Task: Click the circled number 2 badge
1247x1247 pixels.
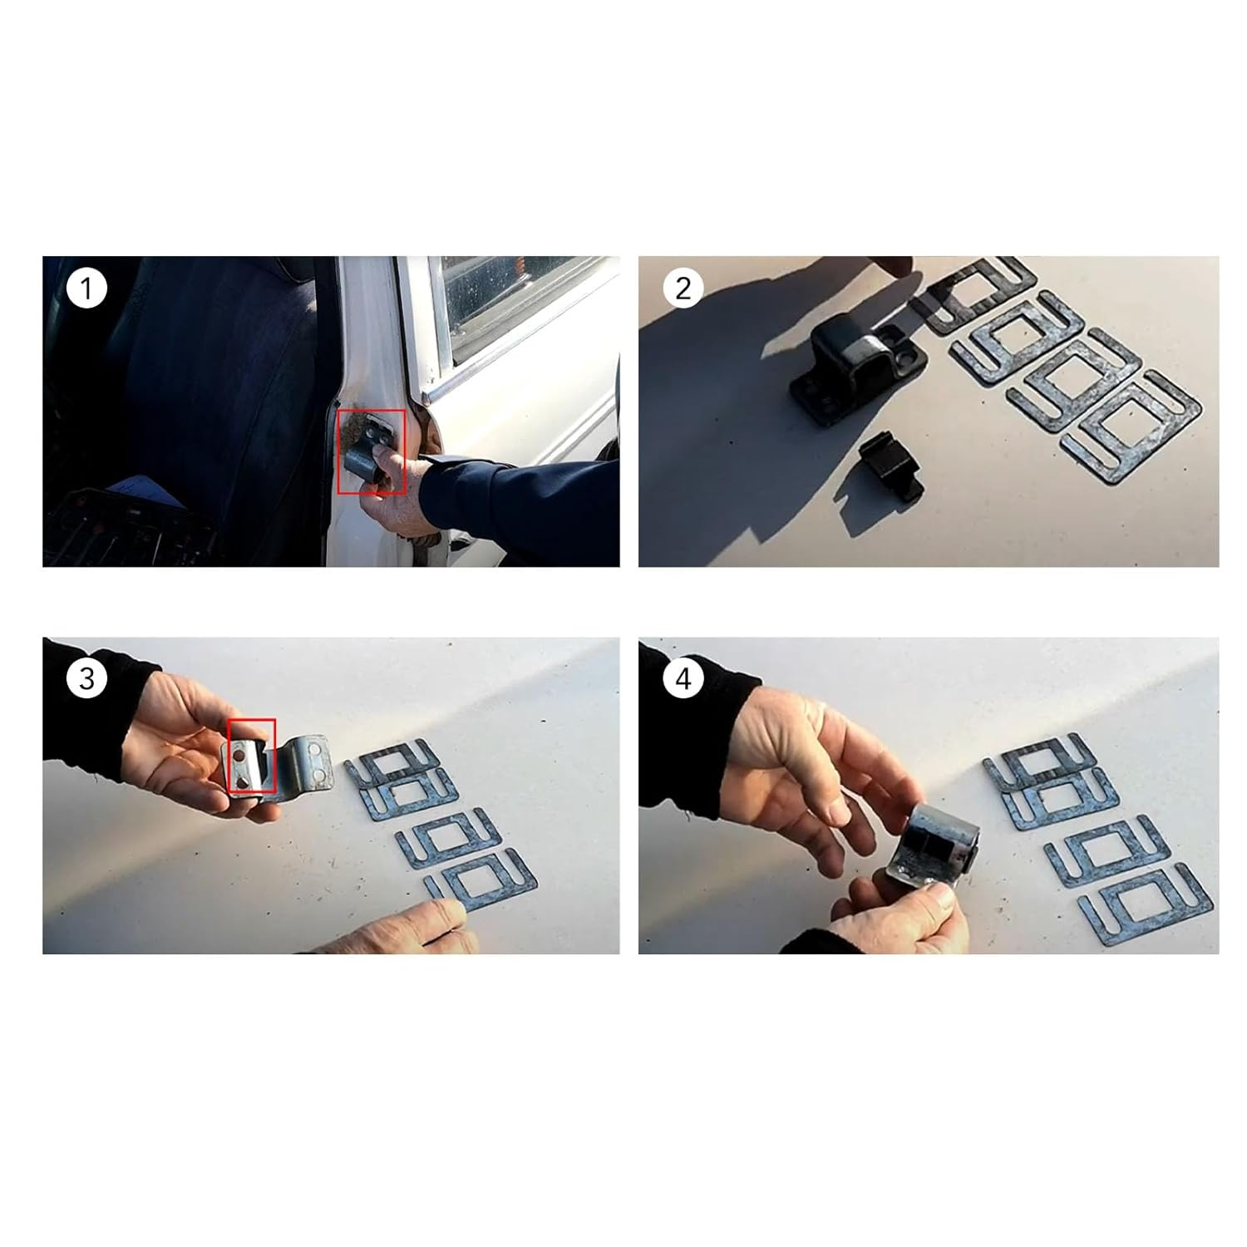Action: [x=683, y=288]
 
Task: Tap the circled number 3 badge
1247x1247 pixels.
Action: [x=86, y=678]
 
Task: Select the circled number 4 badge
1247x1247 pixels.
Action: [x=683, y=678]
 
